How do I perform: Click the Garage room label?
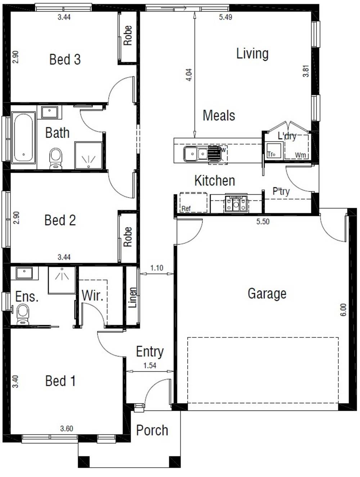(267, 294)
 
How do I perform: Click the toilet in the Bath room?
(55, 158)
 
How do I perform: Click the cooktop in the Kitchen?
(236, 204)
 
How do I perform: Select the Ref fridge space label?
(186, 208)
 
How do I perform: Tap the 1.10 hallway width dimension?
(157, 268)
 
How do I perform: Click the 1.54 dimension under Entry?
(150, 365)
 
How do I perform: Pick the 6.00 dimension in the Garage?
(343, 310)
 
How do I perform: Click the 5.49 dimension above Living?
(225, 17)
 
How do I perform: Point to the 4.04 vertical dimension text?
(189, 74)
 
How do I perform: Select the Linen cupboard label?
(133, 297)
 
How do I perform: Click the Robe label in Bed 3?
(128, 35)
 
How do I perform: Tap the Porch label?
(152, 430)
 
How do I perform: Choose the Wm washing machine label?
(300, 155)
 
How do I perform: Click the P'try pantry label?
(281, 191)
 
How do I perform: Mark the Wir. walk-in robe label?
(93, 296)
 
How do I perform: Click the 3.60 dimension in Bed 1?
(67, 428)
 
